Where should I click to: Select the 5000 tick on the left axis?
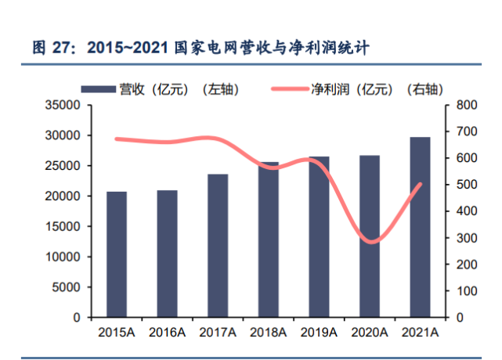(69, 287)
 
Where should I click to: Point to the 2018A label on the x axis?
(267, 333)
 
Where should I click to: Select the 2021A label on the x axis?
(419, 333)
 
